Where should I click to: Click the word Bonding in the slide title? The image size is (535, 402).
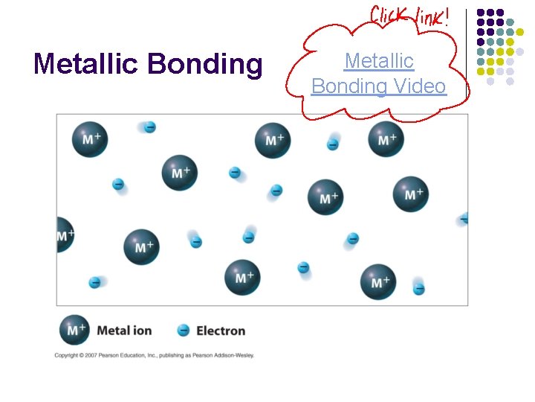coord(205,65)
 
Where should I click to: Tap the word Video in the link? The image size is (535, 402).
coord(419,86)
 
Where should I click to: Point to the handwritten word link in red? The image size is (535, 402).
coord(432,16)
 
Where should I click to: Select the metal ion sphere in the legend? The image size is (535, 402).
coord(74,330)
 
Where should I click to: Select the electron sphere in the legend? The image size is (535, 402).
coord(184,330)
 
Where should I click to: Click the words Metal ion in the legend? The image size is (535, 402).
coord(124,331)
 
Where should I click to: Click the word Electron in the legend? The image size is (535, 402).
coord(221,331)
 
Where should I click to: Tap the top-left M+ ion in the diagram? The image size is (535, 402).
coord(90,138)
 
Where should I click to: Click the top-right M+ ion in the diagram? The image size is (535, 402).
coord(386,139)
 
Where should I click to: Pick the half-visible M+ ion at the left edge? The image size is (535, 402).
coord(64,235)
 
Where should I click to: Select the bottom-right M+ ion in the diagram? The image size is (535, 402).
coord(379,281)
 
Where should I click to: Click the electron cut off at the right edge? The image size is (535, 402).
coord(464,218)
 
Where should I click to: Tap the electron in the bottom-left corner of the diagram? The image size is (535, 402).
coord(95,282)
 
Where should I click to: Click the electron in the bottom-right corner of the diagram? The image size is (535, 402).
coord(419,289)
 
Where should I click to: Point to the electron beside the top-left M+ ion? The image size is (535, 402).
coord(149,127)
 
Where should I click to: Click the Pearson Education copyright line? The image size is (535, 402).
coord(154,355)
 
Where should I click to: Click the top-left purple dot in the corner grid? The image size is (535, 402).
coord(481,13)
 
